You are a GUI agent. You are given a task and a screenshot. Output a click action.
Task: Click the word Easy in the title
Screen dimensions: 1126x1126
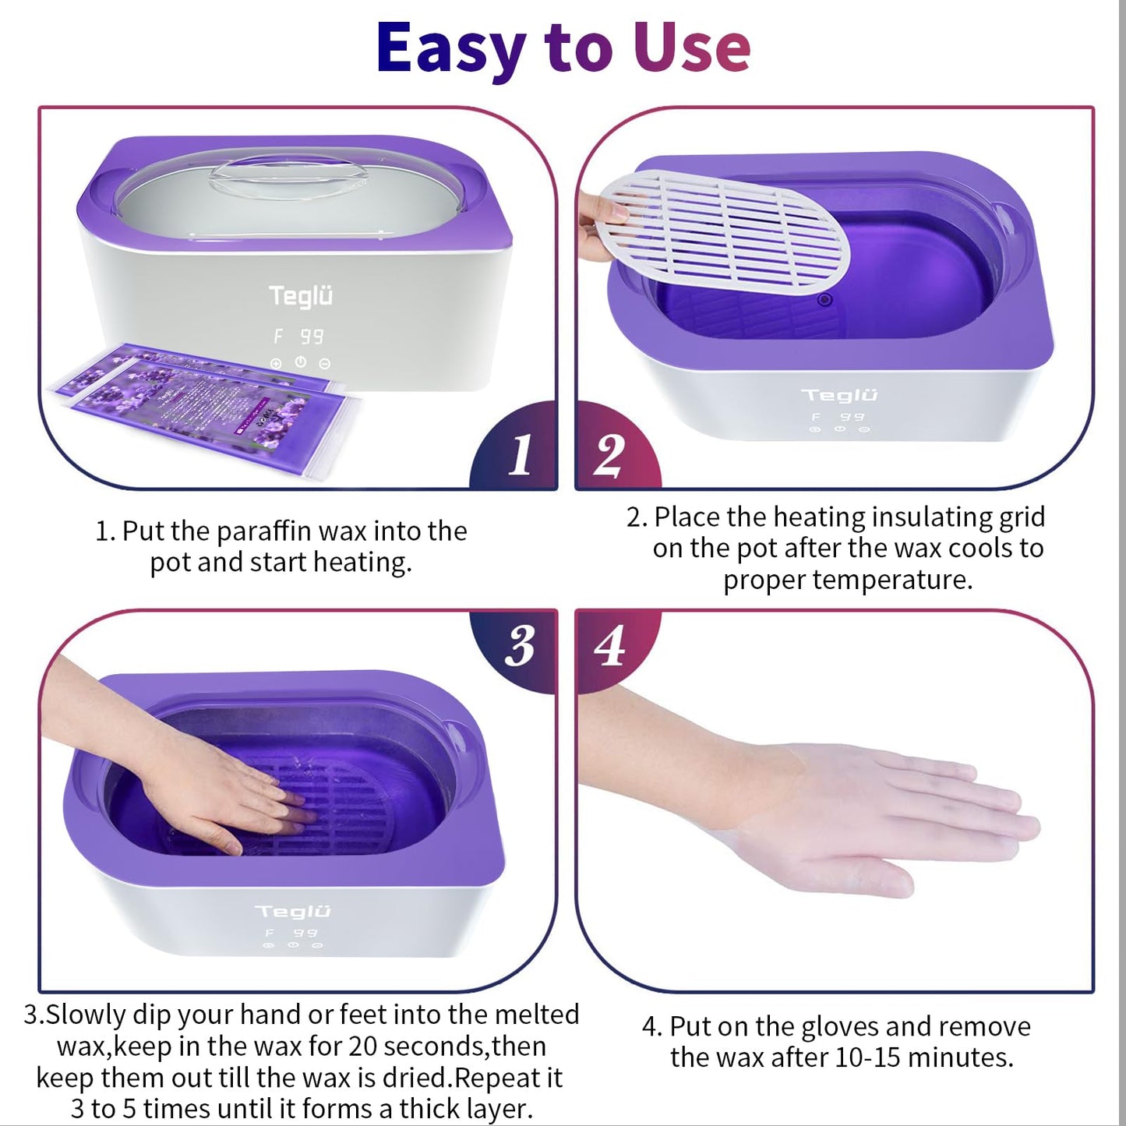tap(450, 48)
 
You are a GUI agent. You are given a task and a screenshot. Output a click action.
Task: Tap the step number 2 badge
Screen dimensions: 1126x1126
tap(609, 455)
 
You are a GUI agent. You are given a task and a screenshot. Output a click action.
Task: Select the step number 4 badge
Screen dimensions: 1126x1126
tap(609, 646)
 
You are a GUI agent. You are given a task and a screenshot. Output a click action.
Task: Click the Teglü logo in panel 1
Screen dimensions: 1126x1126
tap(301, 297)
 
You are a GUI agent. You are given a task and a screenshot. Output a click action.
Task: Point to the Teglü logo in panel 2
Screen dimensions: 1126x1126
tap(839, 395)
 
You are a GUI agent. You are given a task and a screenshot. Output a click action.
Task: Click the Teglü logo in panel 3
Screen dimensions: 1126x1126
tap(293, 911)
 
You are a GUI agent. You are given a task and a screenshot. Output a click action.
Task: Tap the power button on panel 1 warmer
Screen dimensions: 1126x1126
tap(301, 362)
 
